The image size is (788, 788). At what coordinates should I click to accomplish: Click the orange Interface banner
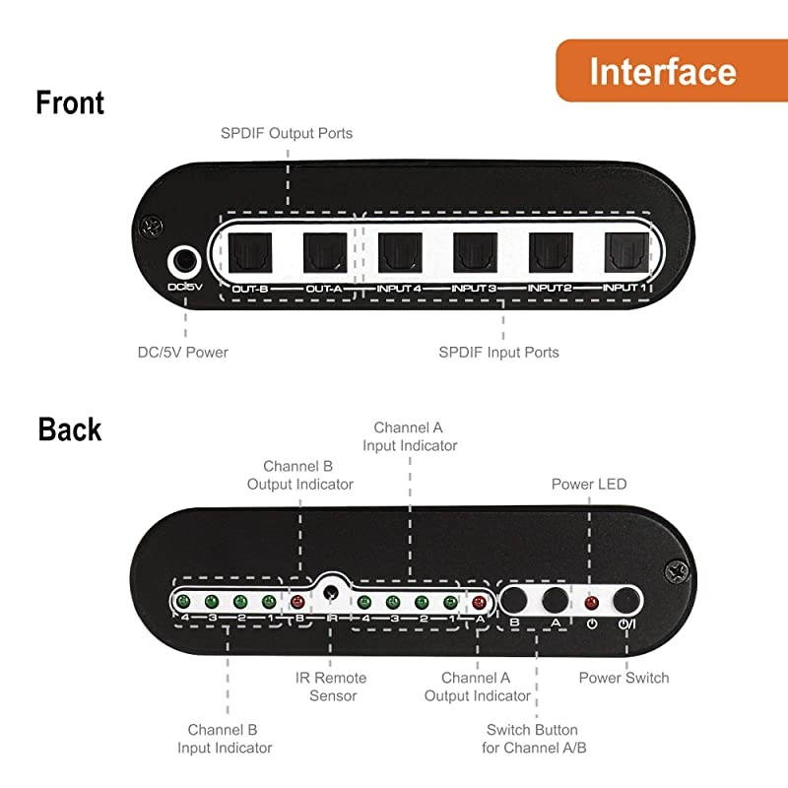[x=662, y=71]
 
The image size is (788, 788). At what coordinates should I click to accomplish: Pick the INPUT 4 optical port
[x=399, y=252]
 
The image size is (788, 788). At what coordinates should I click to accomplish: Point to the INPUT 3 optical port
[x=475, y=252]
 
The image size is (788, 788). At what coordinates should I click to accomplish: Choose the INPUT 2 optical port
[x=551, y=252]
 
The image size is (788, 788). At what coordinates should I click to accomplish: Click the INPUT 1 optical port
[x=625, y=252]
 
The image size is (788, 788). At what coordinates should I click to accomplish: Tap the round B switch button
[x=515, y=599]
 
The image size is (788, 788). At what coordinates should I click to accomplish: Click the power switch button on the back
[x=625, y=599]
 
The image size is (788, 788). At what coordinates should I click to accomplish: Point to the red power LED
[x=591, y=602]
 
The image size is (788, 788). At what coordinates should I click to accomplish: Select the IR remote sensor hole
[x=332, y=594]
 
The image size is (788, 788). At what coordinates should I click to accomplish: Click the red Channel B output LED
[x=297, y=602]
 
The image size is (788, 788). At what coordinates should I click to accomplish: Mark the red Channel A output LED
[x=480, y=602]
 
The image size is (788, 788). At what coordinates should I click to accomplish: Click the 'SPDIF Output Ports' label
[x=287, y=133]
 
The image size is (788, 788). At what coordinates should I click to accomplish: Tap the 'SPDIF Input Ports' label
[x=498, y=352]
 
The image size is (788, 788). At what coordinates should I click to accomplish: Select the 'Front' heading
[x=70, y=102]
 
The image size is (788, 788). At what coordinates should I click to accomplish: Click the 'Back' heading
[x=69, y=429]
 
